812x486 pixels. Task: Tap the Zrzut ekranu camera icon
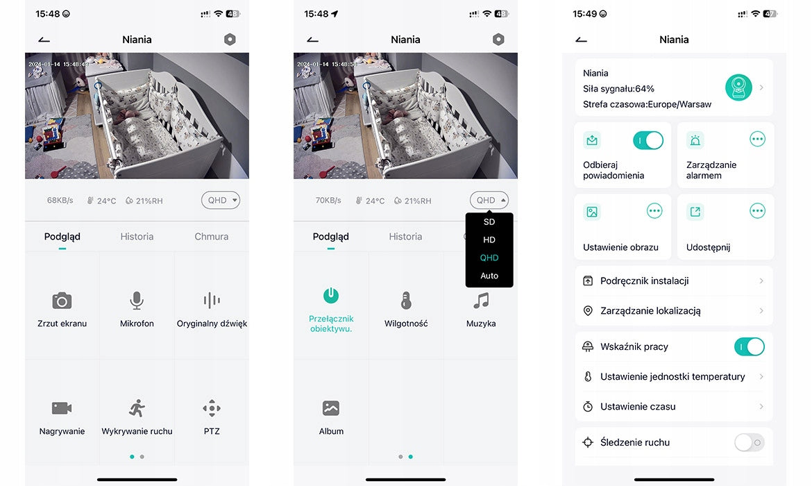(x=62, y=301)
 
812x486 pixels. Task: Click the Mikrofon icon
(x=137, y=301)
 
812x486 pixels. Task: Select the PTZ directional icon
(x=212, y=408)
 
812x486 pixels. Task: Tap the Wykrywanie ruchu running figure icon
(x=137, y=408)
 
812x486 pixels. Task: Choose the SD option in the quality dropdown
(x=489, y=221)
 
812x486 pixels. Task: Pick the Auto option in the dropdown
(x=489, y=276)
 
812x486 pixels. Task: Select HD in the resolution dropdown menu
(x=489, y=240)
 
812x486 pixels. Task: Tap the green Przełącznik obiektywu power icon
(x=331, y=295)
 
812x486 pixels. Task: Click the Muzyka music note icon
(x=481, y=301)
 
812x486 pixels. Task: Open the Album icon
(x=331, y=408)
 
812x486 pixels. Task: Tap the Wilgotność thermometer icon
(x=406, y=301)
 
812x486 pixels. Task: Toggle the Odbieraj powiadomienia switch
(x=648, y=140)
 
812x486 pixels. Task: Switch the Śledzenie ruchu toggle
(x=750, y=442)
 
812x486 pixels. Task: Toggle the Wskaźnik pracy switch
(x=750, y=346)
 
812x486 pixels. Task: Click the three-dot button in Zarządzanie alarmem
(x=757, y=139)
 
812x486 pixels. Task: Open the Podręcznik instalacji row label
(x=644, y=280)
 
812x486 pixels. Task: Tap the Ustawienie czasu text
(x=638, y=407)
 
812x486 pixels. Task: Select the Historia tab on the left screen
(x=137, y=236)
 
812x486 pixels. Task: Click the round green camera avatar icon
(x=738, y=87)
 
